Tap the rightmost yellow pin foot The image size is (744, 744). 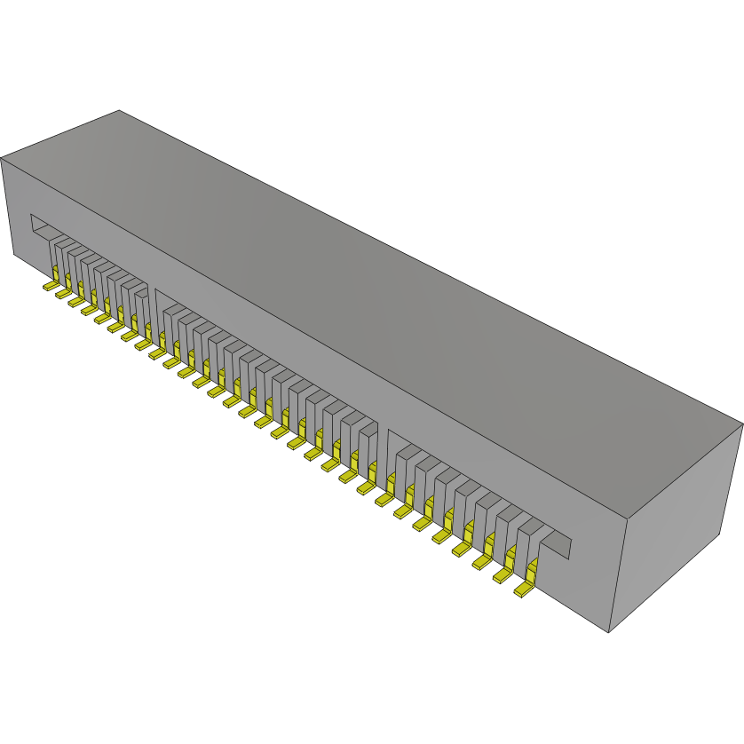[x=524, y=590]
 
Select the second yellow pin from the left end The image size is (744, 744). [x=62, y=293]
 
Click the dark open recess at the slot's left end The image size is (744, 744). [x=41, y=227]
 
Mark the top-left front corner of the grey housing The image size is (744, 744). [x=2, y=158]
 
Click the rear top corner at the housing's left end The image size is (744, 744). [x=119, y=111]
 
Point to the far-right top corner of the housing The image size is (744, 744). [x=742, y=423]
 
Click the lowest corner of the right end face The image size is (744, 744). [x=608, y=632]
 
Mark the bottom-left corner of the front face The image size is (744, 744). [x=14, y=257]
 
